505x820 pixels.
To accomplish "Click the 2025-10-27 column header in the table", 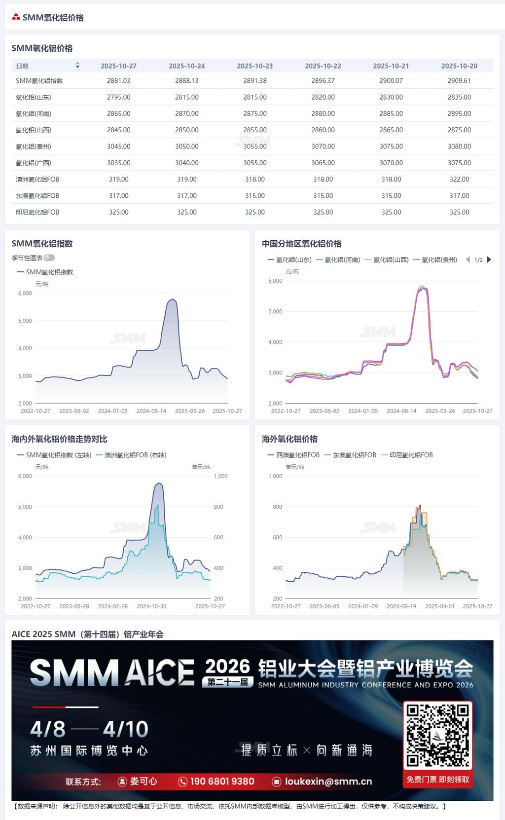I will point(118,66).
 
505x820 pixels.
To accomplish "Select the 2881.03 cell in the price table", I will point(118,81).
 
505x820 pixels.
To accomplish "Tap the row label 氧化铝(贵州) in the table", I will point(34,147).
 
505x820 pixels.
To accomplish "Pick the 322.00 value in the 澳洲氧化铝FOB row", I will point(459,180).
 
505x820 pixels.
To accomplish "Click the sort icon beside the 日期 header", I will point(77,66).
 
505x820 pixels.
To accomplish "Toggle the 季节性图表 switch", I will point(49,258).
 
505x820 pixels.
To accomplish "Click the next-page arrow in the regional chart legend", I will point(489,260).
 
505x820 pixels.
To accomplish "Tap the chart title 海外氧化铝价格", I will point(289,439).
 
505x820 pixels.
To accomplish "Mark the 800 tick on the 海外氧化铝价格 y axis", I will point(278,507).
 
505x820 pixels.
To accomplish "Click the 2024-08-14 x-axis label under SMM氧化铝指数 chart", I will point(151,411).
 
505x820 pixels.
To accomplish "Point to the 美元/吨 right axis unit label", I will point(201,467).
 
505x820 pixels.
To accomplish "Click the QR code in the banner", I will point(437,735).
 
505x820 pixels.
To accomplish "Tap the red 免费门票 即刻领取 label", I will point(438,780).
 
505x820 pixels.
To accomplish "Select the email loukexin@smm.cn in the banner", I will point(328,782).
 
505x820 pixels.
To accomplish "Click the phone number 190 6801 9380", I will point(222,782).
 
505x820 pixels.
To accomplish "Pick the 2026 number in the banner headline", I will point(228,666).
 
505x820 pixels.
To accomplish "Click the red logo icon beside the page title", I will point(16,17).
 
